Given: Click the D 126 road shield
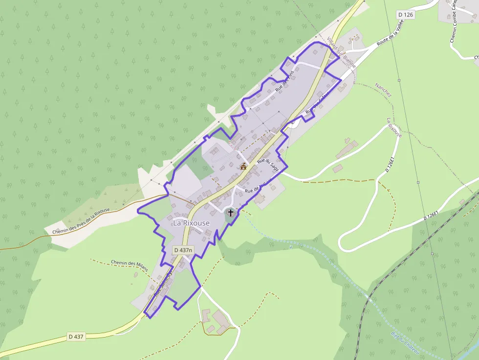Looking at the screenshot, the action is (406, 15).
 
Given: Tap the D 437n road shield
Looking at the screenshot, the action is (183, 250).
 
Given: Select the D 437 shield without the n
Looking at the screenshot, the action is (77, 337).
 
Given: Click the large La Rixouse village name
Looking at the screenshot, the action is (191, 223).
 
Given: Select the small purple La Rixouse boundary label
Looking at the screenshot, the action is (393, 127).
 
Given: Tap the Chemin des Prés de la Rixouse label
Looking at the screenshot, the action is (81, 221).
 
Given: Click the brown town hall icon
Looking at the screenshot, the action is (243, 166).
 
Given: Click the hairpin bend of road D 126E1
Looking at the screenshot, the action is (342, 243).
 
